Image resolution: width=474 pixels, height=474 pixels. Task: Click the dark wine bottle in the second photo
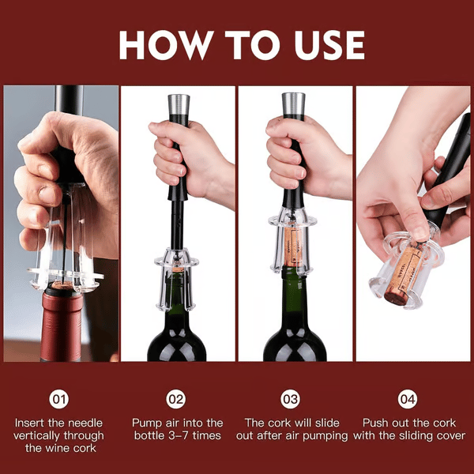pos(177,332)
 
